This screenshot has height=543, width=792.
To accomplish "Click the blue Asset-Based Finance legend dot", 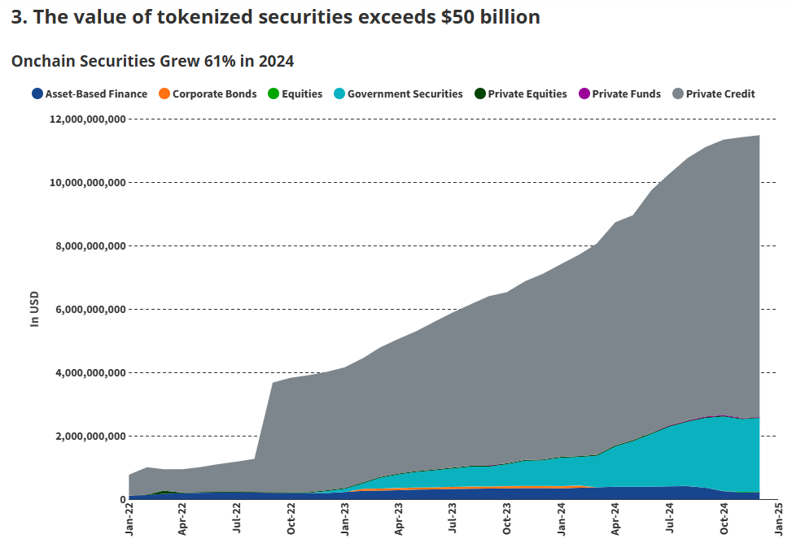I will pos(37,94).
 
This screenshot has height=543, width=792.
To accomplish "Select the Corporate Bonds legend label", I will pos(214,94).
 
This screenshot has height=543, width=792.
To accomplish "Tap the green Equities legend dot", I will pos(273,94).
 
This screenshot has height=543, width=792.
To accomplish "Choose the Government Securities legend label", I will pos(405,94).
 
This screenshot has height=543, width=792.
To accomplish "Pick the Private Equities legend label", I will pos(527,94).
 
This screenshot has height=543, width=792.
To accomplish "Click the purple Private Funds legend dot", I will pos(583,94).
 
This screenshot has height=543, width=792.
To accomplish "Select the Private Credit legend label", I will pos(720,94).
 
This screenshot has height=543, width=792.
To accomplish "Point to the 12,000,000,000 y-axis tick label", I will pos(87,119).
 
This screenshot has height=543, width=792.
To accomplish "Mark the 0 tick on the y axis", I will pos(120,500).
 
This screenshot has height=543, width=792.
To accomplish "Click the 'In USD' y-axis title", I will pos(35,309).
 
